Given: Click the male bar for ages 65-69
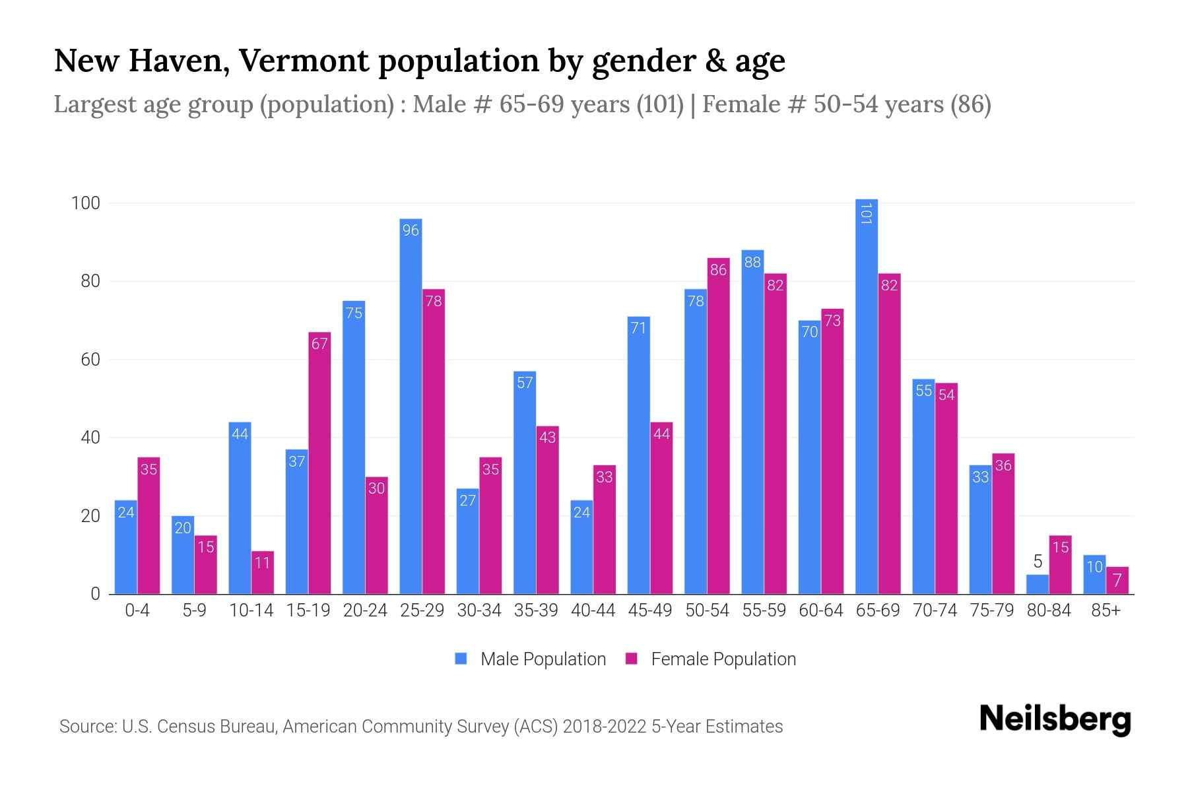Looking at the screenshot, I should [x=866, y=396].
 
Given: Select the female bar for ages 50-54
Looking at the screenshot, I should [x=718, y=426].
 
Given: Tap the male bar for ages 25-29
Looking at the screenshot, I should [x=411, y=406].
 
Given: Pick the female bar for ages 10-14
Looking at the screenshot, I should [x=263, y=573].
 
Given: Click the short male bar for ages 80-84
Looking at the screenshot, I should [x=1038, y=585].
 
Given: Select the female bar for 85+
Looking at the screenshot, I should [x=1117, y=581].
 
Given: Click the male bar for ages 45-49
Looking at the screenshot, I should [x=638, y=455].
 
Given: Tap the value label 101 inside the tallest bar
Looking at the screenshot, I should [x=867, y=213].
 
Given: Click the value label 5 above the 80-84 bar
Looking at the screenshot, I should [x=1038, y=562].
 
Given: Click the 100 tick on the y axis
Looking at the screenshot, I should [x=86, y=203].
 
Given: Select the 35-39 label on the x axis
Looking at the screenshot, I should [x=536, y=610].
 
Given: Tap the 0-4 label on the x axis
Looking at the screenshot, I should [x=137, y=610].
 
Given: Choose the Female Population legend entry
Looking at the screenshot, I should [x=711, y=659].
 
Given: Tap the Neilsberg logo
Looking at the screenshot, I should [x=1055, y=719].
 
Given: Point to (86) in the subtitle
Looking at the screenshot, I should [x=970, y=104].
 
